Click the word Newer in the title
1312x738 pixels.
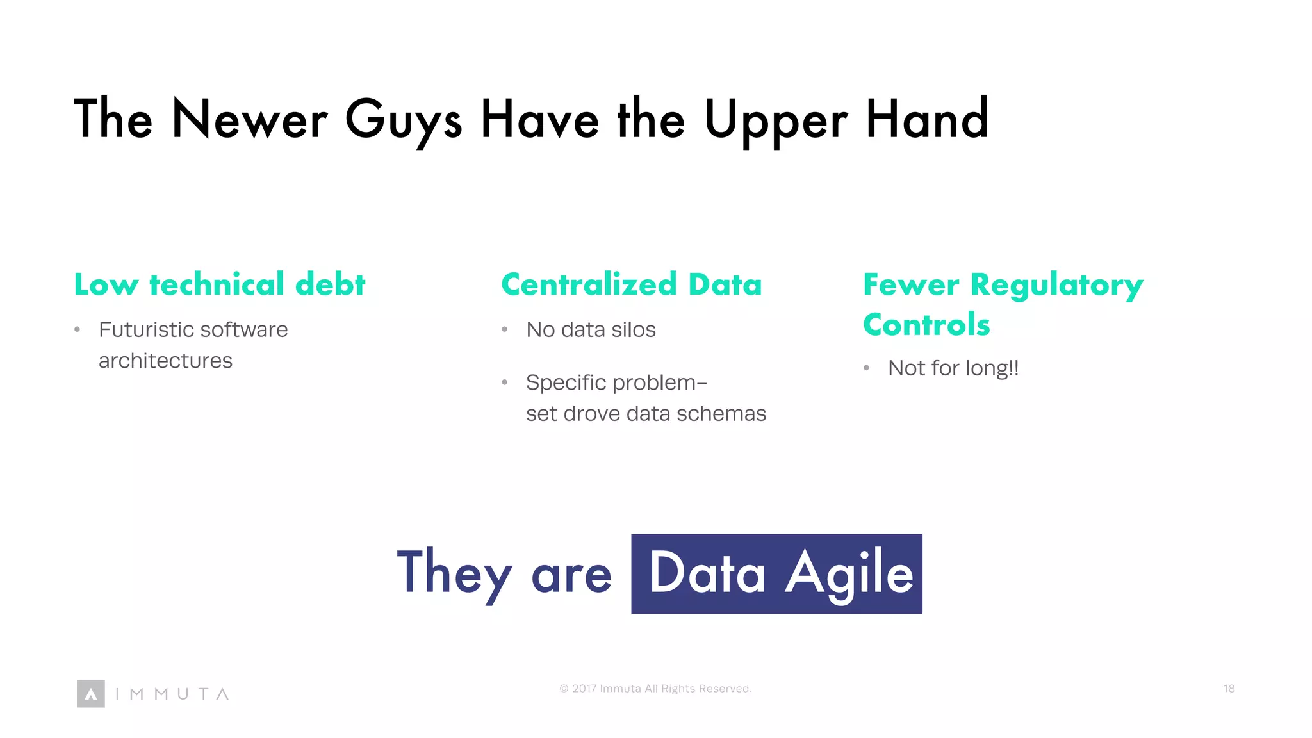pos(250,120)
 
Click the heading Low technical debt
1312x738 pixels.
pos(219,284)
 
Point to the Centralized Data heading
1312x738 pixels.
pos(631,284)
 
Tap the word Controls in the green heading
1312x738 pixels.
pos(926,325)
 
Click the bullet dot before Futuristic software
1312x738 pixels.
pos(78,331)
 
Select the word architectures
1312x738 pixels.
pos(165,361)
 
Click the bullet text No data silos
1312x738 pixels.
pos(591,330)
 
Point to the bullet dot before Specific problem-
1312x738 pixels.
pos(505,383)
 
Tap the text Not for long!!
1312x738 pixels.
pos(953,368)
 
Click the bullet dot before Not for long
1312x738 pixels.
pos(866,368)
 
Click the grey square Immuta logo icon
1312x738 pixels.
pos(91,694)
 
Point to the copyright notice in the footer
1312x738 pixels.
pos(655,689)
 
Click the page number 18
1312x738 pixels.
pos(1229,689)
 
